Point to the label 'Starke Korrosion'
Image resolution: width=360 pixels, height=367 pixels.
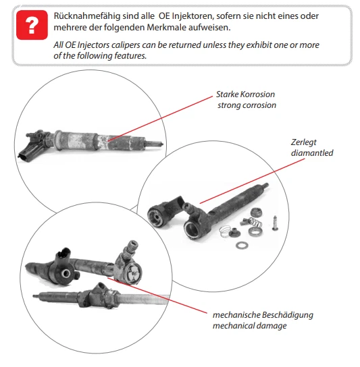click(x=245, y=94)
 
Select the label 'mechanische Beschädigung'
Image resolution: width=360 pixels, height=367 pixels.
click(x=263, y=315)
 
